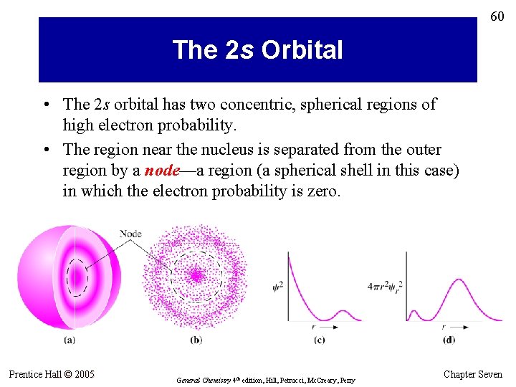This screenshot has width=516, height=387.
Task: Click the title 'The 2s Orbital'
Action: click(257, 50)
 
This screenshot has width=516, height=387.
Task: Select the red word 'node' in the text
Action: click(161, 171)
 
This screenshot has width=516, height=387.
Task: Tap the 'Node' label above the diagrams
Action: click(130, 233)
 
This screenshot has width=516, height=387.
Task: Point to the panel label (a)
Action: click(70, 340)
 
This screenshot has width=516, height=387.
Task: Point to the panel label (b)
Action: click(196, 340)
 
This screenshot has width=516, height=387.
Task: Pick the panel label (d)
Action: click(449, 340)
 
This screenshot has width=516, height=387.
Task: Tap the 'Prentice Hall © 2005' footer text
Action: click(52, 374)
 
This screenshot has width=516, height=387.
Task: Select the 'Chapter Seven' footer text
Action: click(473, 374)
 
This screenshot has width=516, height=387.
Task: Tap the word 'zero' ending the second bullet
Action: click(321, 191)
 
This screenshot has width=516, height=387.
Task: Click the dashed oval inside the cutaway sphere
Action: click(76, 276)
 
